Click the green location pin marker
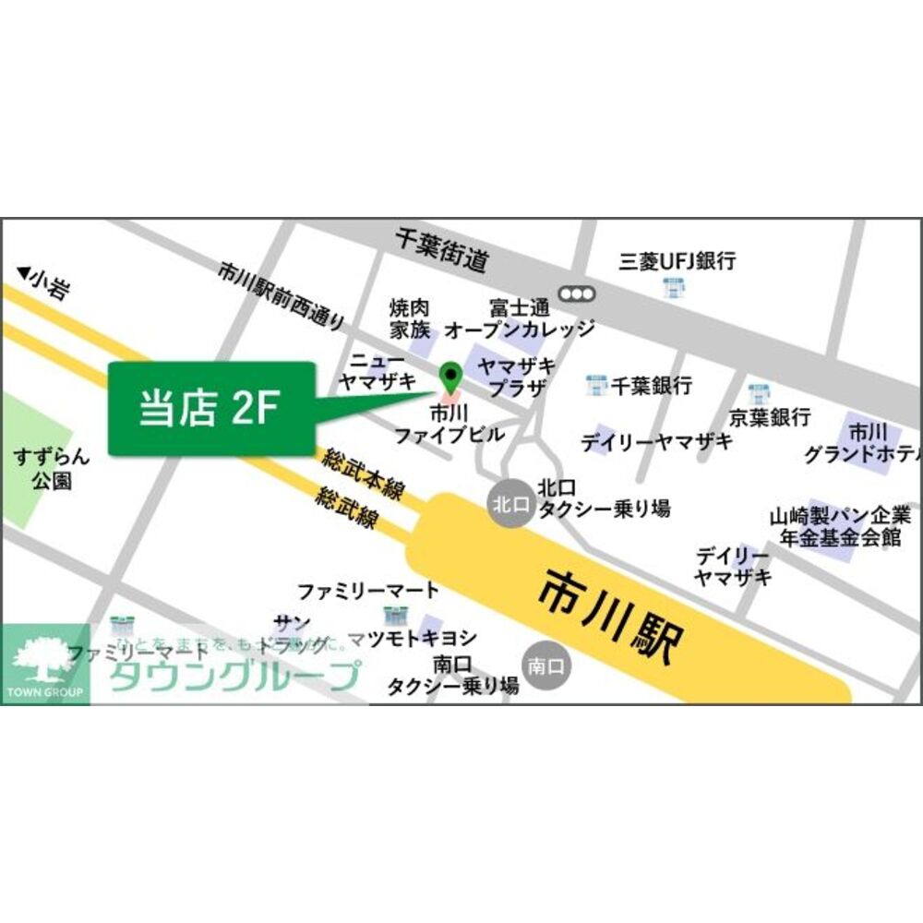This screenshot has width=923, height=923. click(x=450, y=376)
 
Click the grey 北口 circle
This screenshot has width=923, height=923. click(x=509, y=504)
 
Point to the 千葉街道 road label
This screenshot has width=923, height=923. click(x=441, y=250)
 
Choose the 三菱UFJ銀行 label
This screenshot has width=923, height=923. click(x=677, y=261)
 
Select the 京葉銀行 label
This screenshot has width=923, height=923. click(x=770, y=416)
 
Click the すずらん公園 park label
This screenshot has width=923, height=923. click(x=50, y=468)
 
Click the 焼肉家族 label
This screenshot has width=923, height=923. click(x=409, y=318)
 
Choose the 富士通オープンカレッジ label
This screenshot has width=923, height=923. click(x=520, y=318)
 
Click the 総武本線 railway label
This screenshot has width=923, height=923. click(x=363, y=474)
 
